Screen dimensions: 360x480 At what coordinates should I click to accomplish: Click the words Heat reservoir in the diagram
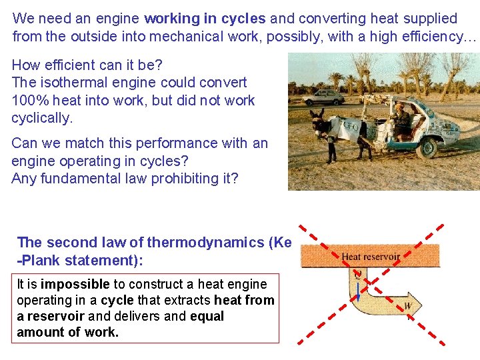(370, 257)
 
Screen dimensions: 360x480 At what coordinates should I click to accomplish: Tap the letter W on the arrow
(408, 307)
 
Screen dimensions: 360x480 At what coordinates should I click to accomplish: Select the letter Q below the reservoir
(357, 274)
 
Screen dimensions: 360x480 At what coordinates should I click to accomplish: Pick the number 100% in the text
(29, 101)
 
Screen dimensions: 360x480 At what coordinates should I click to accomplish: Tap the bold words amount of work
(67, 332)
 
